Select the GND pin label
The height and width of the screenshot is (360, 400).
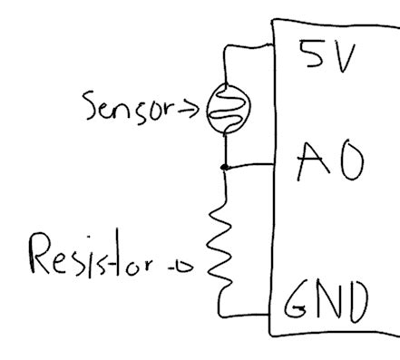[328, 299]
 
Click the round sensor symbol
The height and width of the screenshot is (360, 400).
[224, 108]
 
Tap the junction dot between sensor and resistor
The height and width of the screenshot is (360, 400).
[224, 167]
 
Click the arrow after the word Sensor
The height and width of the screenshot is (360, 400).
[192, 110]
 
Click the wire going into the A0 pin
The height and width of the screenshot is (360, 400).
[250, 166]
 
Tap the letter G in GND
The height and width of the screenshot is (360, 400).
[299, 300]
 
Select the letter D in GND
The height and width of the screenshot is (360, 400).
[356, 299]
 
